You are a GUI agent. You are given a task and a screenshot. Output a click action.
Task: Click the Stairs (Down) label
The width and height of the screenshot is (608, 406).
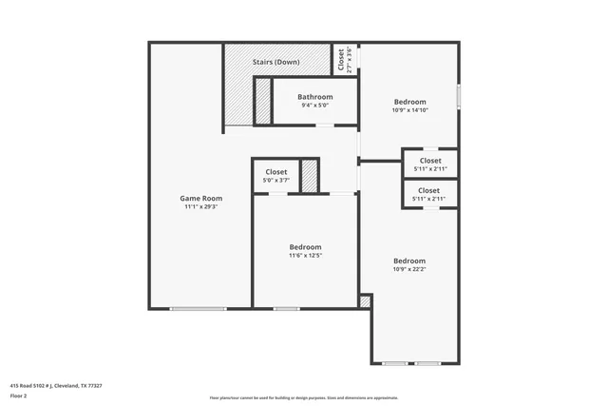276,62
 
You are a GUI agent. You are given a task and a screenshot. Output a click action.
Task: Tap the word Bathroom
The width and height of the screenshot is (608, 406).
314,97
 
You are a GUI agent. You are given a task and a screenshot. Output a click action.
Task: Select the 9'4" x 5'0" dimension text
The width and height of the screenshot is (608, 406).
314,106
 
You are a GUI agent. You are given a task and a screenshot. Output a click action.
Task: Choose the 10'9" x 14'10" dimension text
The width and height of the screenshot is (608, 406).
409,109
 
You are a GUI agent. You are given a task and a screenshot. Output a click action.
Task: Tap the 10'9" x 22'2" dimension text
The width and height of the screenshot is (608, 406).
409,269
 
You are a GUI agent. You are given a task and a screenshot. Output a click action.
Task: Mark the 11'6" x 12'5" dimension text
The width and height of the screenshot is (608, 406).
305,255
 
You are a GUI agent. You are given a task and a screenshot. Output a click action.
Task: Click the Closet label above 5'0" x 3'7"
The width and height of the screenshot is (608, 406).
276,171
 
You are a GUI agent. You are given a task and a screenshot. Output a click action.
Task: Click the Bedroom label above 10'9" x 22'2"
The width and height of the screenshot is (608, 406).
409,261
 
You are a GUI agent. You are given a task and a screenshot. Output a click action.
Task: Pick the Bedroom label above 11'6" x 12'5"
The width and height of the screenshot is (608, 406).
305,246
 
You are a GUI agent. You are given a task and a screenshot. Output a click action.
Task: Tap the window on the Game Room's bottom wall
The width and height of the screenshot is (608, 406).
199,308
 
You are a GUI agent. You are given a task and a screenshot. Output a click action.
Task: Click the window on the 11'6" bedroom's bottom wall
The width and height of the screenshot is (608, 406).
287,308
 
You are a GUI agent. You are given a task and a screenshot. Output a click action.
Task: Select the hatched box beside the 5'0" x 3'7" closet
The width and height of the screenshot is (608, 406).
309,176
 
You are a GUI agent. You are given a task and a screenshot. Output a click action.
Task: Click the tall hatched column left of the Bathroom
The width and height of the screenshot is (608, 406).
262,101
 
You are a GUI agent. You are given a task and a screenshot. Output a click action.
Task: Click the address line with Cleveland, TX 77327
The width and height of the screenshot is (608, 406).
56,385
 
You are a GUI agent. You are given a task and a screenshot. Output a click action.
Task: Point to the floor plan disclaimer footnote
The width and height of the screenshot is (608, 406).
304,397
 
